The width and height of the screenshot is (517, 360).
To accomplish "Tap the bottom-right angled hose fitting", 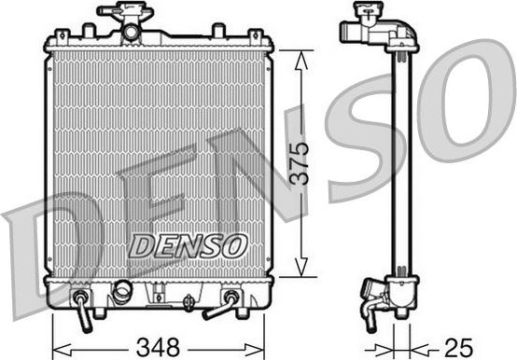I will click(x=228, y=304).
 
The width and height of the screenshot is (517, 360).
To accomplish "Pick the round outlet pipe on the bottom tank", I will click(x=123, y=295).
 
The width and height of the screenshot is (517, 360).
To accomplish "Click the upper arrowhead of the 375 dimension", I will click(x=299, y=56).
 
